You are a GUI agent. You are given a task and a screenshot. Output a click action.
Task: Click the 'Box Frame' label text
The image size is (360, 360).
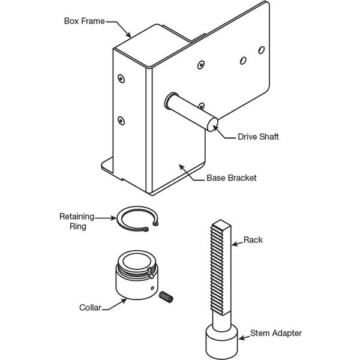[84, 21]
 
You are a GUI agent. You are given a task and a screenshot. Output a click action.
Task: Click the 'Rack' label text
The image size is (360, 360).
[253, 240]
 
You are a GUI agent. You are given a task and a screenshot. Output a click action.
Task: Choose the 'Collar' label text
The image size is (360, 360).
[90, 308]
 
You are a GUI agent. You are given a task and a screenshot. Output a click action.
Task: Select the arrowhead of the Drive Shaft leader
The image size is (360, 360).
[214, 128]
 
